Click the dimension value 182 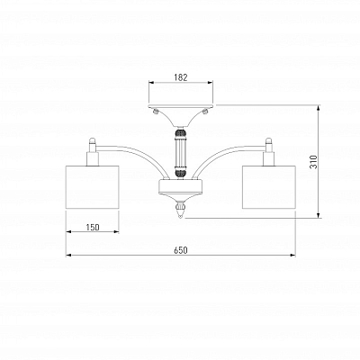(181, 77)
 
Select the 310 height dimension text (313, 162)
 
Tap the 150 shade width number (93, 228)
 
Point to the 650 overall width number (181, 250)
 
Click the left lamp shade (93, 186)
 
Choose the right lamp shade (269, 186)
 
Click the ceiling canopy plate (181, 106)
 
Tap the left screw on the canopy (156, 112)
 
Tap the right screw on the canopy (205, 112)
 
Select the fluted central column (181, 153)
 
